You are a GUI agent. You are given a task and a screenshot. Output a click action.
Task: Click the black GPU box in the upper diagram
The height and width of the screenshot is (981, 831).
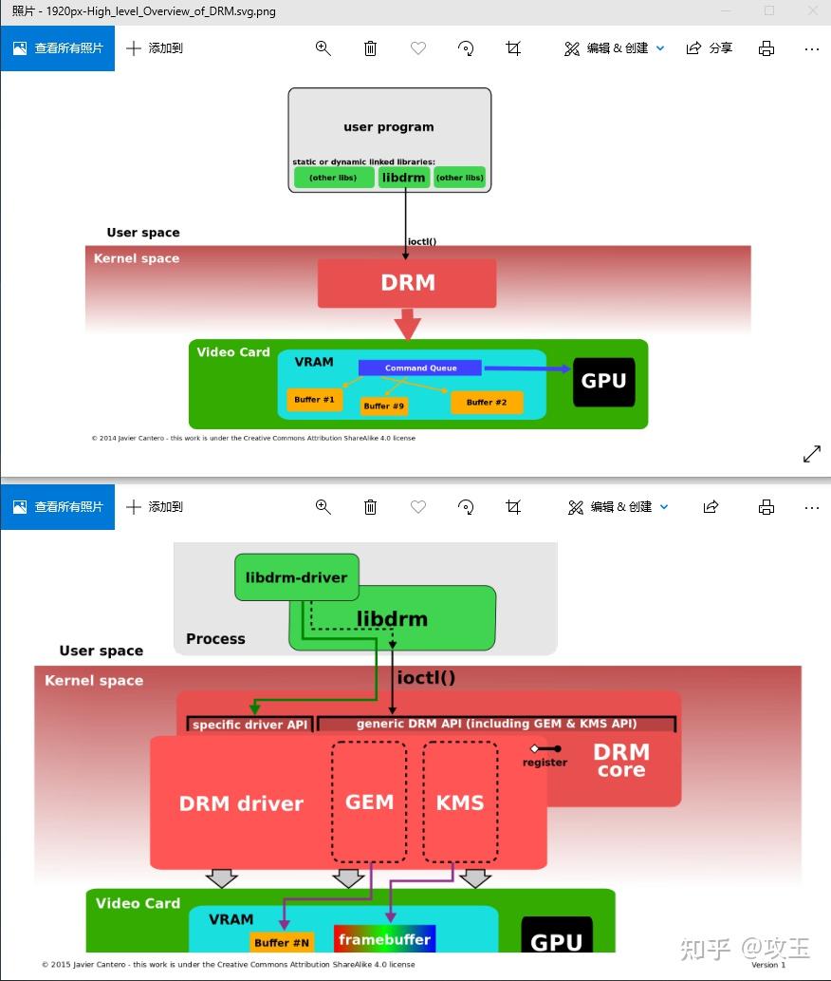point(603,382)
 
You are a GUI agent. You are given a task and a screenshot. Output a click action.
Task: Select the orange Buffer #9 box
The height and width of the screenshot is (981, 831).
point(384,406)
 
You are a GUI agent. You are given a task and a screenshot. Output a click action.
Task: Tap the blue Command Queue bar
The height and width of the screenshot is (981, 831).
point(420,368)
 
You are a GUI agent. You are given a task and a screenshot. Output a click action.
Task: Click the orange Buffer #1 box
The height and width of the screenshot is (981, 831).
point(314,400)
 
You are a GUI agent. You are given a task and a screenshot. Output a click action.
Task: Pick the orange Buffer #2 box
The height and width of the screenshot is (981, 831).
point(487,403)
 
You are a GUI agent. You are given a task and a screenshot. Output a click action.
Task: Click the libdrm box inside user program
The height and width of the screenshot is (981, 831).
point(404,177)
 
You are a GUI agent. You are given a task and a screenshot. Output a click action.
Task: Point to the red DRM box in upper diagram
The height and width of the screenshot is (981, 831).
point(407,283)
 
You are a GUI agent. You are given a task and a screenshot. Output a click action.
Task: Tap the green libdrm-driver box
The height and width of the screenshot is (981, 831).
point(296,577)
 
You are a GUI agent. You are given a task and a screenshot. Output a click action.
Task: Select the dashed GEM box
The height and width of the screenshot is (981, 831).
point(369,802)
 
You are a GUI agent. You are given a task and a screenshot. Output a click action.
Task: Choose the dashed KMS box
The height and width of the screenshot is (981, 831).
point(460,802)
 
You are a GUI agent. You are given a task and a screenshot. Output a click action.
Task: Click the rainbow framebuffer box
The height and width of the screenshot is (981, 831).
point(384,939)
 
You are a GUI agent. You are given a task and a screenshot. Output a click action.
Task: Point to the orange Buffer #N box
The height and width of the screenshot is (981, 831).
point(282,942)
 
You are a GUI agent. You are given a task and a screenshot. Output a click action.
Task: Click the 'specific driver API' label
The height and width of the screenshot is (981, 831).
point(250,725)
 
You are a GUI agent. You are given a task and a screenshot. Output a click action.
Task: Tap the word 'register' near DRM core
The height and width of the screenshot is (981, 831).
point(545,762)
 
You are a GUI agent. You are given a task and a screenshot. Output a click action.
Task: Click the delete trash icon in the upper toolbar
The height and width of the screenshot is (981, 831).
point(371,48)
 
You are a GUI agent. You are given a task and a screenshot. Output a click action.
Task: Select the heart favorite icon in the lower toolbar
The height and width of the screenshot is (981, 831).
point(418,507)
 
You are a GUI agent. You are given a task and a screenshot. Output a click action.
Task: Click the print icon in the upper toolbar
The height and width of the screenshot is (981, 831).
point(766,48)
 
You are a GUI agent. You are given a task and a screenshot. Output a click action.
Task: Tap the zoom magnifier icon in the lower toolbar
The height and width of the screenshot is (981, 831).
point(323,507)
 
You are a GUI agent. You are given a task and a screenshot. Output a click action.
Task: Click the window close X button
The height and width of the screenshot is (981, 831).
point(812,10)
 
